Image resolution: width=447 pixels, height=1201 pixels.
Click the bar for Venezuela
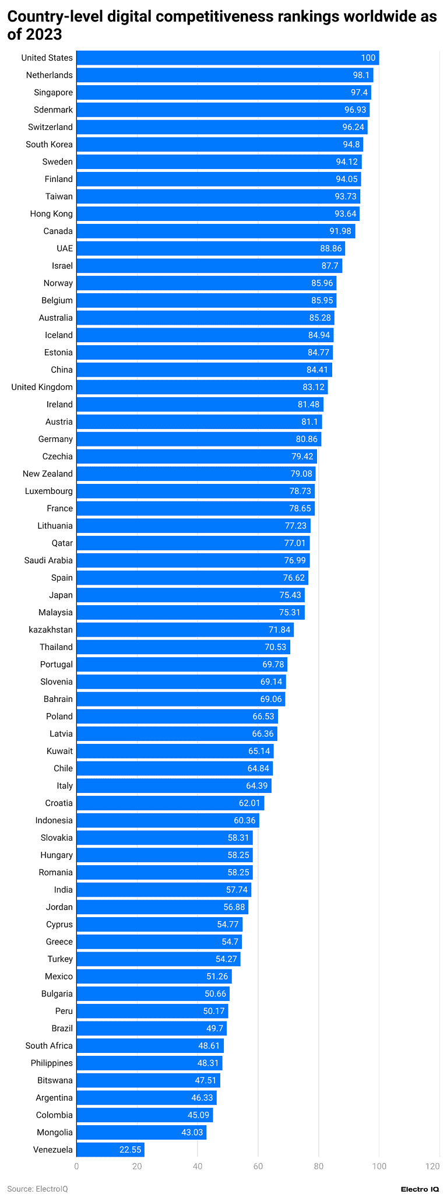(110, 1150)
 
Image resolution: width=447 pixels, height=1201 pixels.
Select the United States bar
(227, 58)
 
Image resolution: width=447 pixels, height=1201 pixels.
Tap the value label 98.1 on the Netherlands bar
(361, 75)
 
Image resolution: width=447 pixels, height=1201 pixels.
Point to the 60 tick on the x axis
(258, 1166)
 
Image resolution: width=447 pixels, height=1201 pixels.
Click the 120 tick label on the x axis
(432, 1166)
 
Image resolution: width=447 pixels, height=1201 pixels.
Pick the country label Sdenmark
(53, 110)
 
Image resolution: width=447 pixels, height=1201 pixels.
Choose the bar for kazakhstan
(185, 630)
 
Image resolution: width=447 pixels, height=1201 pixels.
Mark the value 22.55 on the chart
(130, 1150)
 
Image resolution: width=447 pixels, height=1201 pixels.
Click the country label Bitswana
(55, 1080)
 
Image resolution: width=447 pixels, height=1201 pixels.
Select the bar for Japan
(190, 595)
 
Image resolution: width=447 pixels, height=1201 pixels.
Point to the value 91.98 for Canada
(340, 231)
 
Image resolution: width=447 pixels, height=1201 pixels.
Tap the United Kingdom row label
(42, 387)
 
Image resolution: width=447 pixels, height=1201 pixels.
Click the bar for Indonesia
(167, 820)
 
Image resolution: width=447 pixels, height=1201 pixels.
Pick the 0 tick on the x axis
(76, 1166)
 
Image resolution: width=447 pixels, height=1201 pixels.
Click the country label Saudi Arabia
(48, 560)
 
